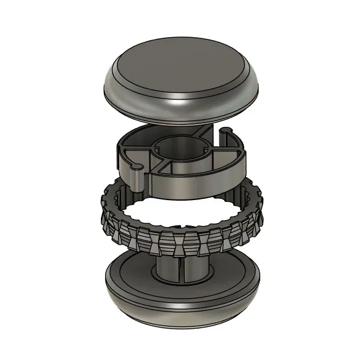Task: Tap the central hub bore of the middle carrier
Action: coord(180,148)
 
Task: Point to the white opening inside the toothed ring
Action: coord(177,212)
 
